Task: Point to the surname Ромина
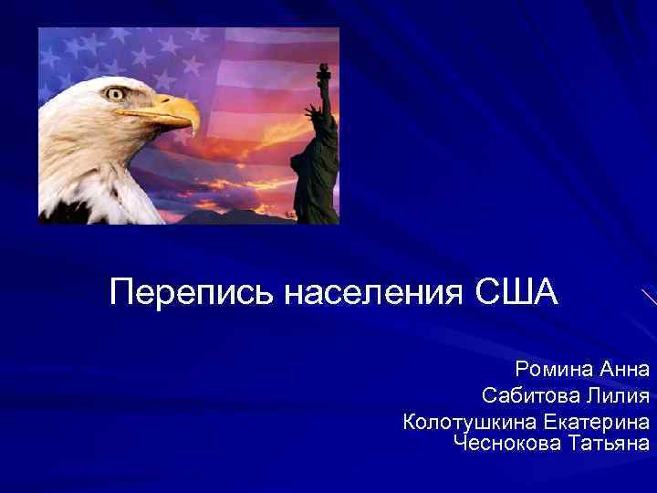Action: click(x=554, y=370)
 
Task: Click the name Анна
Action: click(x=625, y=370)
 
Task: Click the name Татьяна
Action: click(x=609, y=444)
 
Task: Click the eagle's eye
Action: click(x=115, y=93)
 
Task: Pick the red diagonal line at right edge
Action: click(x=648, y=297)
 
